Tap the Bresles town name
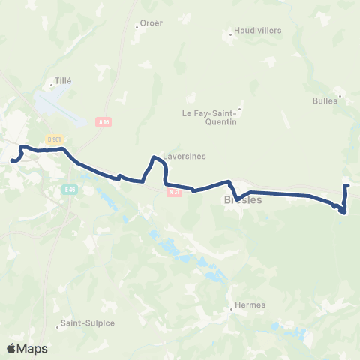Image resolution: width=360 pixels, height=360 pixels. tap(243, 201)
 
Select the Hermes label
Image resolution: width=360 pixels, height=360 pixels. tap(250, 305)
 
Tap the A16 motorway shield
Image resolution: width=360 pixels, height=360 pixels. tap(103, 120)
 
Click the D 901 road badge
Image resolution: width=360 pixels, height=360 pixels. tap(53, 139)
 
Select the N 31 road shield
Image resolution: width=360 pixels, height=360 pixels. tap(174, 192)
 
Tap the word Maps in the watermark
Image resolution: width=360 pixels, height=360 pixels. tap(33, 349)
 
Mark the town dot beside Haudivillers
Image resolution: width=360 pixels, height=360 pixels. tap(230, 34)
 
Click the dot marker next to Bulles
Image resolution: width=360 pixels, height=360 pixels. tap(340, 95)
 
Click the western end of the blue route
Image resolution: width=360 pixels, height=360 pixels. tap(12, 160)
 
